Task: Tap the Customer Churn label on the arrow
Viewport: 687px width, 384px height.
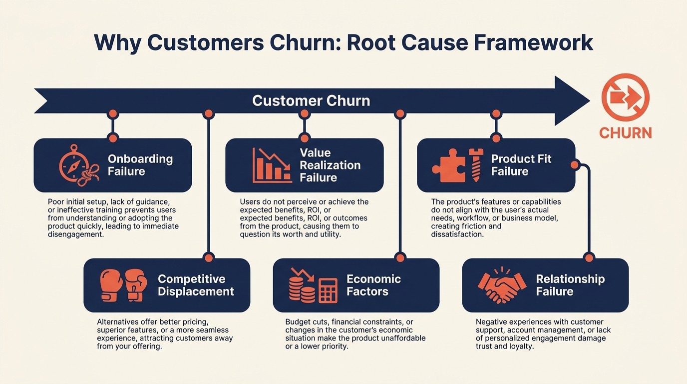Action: (311, 100)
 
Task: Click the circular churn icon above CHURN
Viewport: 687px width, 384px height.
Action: (625, 97)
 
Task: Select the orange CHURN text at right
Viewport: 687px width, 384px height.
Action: (625, 133)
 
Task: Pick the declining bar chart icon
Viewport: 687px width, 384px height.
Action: (272, 165)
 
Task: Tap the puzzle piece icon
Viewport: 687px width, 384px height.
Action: (448, 165)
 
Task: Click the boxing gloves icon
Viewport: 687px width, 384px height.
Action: (123, 285)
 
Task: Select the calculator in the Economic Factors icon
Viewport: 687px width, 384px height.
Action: (328, 290)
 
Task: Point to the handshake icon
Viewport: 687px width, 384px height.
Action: (502, 285)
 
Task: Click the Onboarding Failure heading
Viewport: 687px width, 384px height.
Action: (140, 165)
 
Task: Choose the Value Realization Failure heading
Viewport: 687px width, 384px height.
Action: (330, 165)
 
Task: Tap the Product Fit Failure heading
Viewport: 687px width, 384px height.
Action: (521, 165)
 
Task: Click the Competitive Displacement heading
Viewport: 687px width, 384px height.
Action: (196, 285)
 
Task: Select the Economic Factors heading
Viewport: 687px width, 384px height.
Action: (373, 285)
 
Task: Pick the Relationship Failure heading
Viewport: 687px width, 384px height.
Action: (570, 285)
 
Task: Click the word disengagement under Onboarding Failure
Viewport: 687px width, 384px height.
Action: (75, 234)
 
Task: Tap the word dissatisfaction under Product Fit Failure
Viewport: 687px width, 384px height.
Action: (457, 234)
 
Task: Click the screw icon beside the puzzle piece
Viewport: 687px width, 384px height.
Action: (475, 165)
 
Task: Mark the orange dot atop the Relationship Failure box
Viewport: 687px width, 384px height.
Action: (589, 258)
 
